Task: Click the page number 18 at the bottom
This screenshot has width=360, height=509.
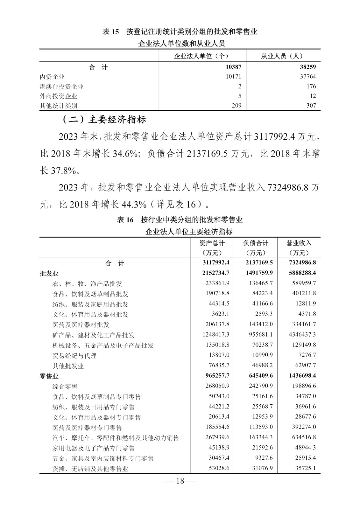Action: (x=180, y=481)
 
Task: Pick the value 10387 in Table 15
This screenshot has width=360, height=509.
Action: (x=233, y=67)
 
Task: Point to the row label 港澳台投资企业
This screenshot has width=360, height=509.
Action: (x=62, y=86)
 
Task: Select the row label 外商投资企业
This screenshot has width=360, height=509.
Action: (x=59, y=96)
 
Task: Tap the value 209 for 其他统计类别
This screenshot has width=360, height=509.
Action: (x=236, y=105)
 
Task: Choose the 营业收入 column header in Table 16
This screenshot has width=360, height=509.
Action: (x=299, y=243)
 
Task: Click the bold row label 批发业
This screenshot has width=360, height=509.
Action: (x=49, y=273)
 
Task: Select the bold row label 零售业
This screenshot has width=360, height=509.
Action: (x=49, y=376)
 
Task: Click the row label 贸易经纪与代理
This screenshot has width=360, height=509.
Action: (x=74, y=355)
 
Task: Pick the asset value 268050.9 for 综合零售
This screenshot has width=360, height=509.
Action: (x=217, y=386)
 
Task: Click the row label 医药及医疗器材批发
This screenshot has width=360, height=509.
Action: (x=81, y=324)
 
